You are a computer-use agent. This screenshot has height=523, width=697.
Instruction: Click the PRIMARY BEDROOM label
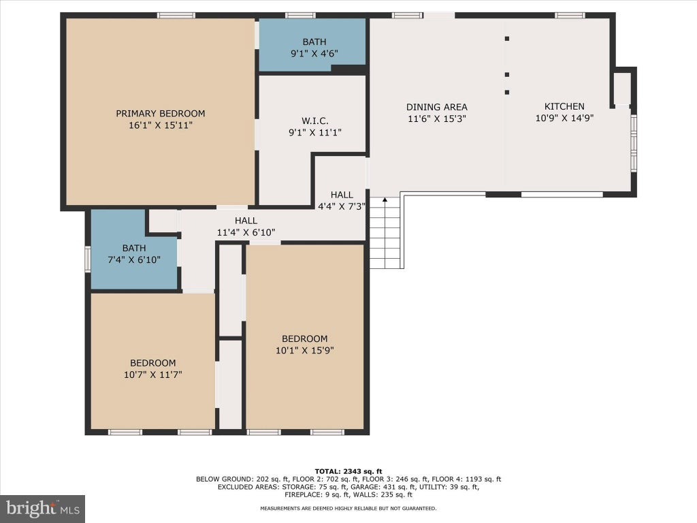pos(161,114)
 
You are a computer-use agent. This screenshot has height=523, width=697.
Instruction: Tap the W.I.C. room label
pos(314,121)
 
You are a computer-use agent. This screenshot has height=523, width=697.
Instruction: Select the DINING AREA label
pos(436,107)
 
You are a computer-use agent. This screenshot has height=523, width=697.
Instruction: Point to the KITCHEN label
pos(564,106)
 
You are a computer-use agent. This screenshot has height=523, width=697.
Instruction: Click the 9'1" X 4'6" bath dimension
pos(314,53)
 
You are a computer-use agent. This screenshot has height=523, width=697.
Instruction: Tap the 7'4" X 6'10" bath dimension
pos(134,259)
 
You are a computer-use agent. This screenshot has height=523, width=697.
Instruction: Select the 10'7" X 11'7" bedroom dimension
pos(153,375)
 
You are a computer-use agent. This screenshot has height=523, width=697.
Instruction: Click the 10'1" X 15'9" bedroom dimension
pos(304,350)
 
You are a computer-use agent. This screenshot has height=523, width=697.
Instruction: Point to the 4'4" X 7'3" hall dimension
pos(342,206)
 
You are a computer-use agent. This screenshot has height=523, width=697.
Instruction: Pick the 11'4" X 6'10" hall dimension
pos(246,232)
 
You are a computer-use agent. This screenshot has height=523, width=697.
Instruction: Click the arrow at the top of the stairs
pos(385,201)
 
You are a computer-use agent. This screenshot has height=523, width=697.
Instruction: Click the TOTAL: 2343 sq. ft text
pos(348,471)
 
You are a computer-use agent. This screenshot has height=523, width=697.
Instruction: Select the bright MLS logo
pos(42,508)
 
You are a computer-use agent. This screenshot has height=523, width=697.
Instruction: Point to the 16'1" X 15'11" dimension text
pos(161,125)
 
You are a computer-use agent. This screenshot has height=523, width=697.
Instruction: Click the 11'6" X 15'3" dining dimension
pos(436,118)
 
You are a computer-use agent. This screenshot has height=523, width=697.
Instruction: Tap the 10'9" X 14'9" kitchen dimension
pos(564,118)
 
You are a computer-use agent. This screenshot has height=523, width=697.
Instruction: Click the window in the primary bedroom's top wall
pos(176,16)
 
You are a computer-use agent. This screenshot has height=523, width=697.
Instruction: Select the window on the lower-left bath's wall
pos(88,259)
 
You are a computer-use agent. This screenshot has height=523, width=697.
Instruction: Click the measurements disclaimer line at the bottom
pos(348,508)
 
